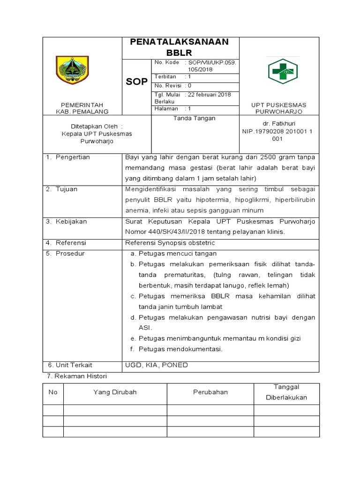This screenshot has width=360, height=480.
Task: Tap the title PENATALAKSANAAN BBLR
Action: click(x=180, y=47)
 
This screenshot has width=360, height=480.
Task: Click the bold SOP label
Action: click(x=136, y=82)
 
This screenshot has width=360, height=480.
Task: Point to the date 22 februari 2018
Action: click(x=210, y=94)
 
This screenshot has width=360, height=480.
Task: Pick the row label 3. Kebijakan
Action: click(x=66, y=221)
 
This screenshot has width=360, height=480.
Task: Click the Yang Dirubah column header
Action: click(x=115, y=392)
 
